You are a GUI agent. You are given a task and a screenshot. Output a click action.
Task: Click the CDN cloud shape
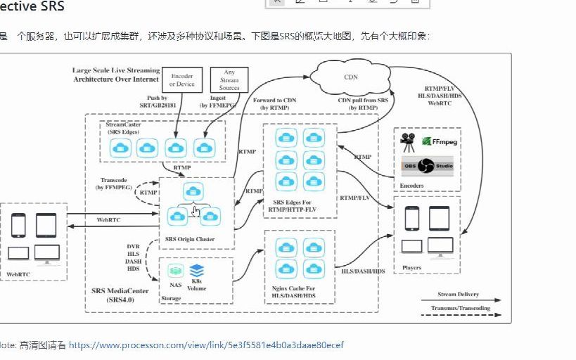[350, 75]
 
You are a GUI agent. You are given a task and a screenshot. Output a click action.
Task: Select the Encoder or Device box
[181, 80]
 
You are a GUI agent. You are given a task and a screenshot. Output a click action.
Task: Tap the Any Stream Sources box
[229, 80]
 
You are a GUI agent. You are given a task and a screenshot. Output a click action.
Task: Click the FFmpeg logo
[440, 141]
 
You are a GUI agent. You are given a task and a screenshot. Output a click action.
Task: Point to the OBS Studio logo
[427, 166]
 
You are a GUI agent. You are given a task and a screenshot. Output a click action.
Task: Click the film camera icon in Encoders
[408, 143]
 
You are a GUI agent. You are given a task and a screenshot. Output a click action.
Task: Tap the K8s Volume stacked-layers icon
[197, 270]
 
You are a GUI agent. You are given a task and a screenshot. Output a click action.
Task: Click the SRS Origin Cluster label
[189, 240]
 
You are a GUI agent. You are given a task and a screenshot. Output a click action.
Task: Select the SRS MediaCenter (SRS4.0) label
[120, 295]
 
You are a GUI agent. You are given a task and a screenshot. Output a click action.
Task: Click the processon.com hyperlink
[206, 345]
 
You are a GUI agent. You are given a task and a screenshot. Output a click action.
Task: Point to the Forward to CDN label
[274, 104]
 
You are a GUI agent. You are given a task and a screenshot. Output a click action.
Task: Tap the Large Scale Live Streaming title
[115, 75]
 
